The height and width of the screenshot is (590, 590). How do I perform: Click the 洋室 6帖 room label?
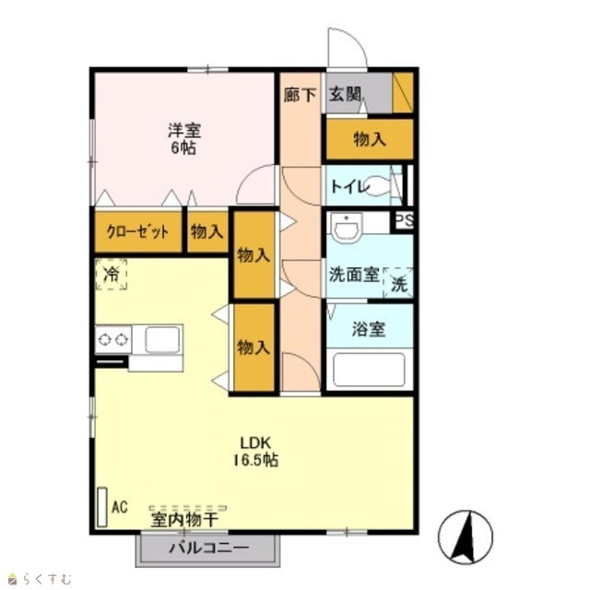tap(184, 139)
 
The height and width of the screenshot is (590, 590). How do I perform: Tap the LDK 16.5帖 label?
tap(256, 452)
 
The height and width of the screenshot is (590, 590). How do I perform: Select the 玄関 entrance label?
tap(346, 94)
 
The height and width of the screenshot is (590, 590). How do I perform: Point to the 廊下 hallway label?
tap(300, 94)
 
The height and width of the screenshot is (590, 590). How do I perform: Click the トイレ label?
tap(348, 186)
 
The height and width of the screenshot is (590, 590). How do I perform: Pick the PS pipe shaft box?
tap(404, 221)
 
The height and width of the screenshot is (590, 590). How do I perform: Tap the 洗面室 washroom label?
tap(354, 275)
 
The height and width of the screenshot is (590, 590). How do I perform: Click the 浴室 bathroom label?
tap(369, 329)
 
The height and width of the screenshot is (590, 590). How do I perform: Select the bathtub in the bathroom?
tap(369, 370)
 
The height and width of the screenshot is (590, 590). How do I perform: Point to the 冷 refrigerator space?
tap(111, 275)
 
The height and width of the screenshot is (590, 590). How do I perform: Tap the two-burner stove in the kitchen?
tap(112, 340)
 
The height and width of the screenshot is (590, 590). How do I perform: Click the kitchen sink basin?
tap(162, 340)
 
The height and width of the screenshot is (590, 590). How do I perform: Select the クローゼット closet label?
tap(137, 231)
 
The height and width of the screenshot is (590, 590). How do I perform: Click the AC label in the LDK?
tap(120, 507)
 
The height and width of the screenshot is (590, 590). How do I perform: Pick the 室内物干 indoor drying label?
tap(184, 520)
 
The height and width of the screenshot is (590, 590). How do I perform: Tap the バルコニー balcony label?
tap(209, 548)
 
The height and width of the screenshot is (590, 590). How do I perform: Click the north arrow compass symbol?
tap(465, 537)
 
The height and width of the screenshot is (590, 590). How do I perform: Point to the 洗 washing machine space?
tap(398, 284)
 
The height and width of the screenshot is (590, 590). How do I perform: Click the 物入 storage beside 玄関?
tap(370, 139)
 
